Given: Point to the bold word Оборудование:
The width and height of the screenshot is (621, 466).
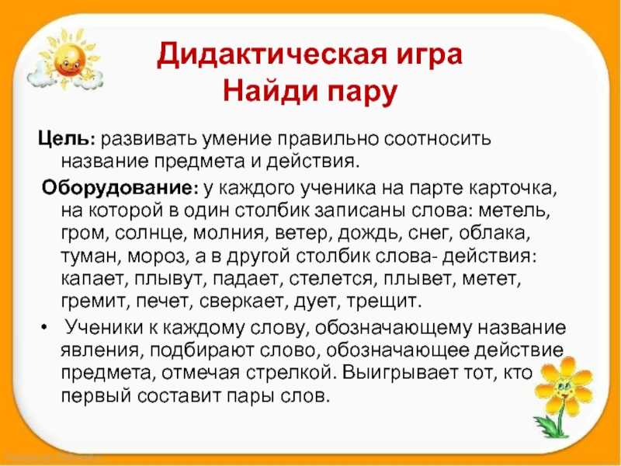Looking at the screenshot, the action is (121, 187).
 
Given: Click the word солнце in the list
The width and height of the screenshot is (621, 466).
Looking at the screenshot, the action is (150, 234).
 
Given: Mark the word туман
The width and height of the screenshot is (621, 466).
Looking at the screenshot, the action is (90, 256).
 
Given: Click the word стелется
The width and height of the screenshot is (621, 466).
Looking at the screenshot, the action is (331, 279).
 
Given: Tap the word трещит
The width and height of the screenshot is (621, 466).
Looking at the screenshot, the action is (382, 302).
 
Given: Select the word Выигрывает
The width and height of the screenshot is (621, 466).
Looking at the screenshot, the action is (406, 373).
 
